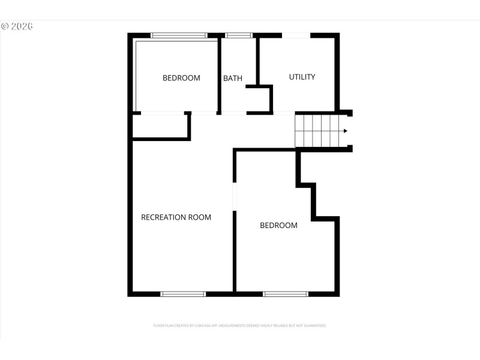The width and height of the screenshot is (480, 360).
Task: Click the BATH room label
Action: [x=233, y=78]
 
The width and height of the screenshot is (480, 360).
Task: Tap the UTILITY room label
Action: [x=302, y=77]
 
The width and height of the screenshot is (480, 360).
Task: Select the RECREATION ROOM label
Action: [x=176, y=217]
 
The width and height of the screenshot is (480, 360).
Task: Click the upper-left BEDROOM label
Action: [x=181, y=78]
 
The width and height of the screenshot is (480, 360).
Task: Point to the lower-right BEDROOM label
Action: [x=278, y=226]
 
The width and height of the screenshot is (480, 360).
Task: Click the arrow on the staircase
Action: [x=345, y=131]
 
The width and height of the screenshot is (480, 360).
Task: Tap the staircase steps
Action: [x=317, y=131]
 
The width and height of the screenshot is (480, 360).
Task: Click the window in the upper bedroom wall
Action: [x=179, y=35]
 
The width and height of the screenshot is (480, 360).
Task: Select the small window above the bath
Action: [x=239, y=35]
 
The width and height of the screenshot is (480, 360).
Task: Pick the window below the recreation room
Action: [x=183, y=294]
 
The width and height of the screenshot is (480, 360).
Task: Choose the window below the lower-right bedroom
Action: [x=286, y=294]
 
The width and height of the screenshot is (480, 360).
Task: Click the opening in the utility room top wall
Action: [x=296, y=35]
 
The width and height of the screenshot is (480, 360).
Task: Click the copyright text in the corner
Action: [x=16, y=26]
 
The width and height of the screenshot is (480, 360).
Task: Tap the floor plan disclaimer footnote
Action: [x=240, y=326]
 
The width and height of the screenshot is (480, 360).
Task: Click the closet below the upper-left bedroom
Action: [x=160, y=126]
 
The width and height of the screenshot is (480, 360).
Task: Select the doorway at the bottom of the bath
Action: [x=234, y=113]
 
